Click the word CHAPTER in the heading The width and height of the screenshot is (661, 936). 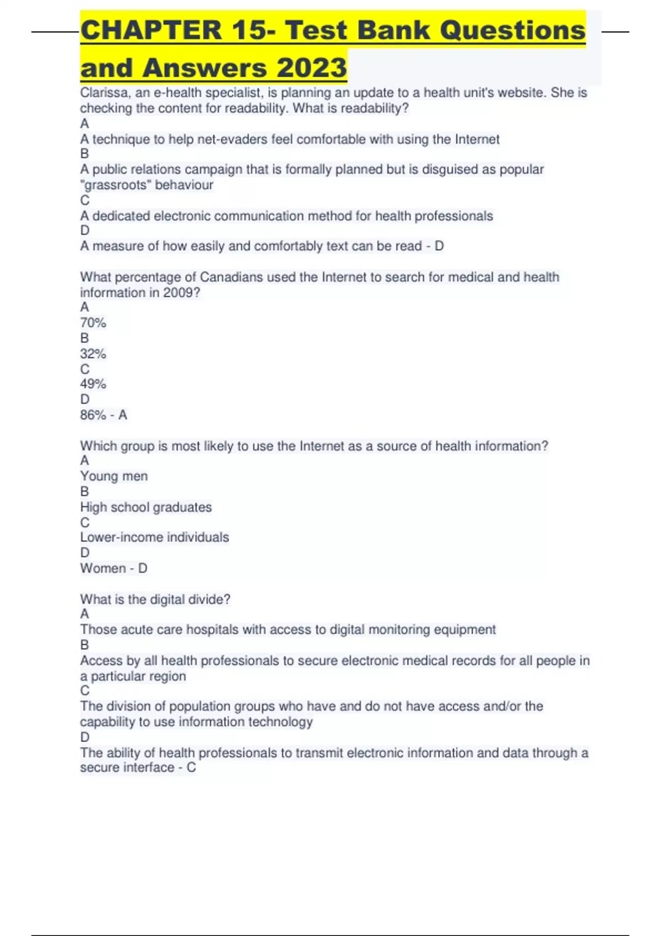click(150, 30)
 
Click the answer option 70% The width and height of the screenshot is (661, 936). click(93, 323)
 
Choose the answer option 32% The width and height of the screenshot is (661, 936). click(93, 353)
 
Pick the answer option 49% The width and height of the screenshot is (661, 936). click(93, 384)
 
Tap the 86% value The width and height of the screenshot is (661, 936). click(93, 415)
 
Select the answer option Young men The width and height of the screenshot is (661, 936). click(114, 476)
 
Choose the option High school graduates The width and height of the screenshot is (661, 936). click(146, 507)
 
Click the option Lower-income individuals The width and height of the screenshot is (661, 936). click(155, 537)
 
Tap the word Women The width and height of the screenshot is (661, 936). click(103, 568)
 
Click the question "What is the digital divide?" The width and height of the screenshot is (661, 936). click(155, 599)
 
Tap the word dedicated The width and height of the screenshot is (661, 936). click(121, 216)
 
